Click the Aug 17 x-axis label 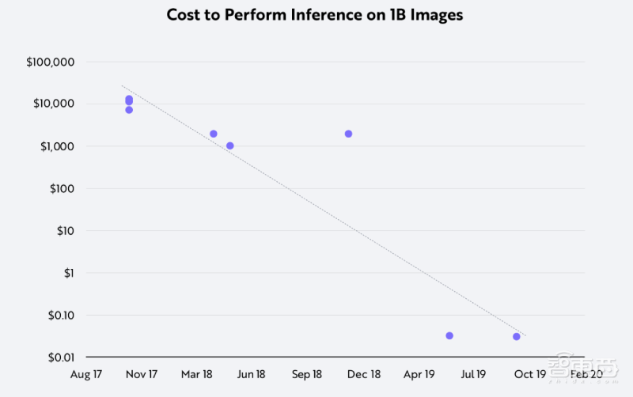[87, 374]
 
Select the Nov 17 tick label [142, 374]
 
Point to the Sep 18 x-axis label [307, 374]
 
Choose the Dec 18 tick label [364, 374]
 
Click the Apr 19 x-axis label [419, 374]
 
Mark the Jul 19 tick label [473, 374]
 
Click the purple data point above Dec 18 [348, 134]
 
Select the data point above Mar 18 [214, 134]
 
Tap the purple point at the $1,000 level [230, 146]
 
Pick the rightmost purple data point [517, 336]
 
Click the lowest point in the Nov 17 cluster [129, 110]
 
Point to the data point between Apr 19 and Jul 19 [449, 335]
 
